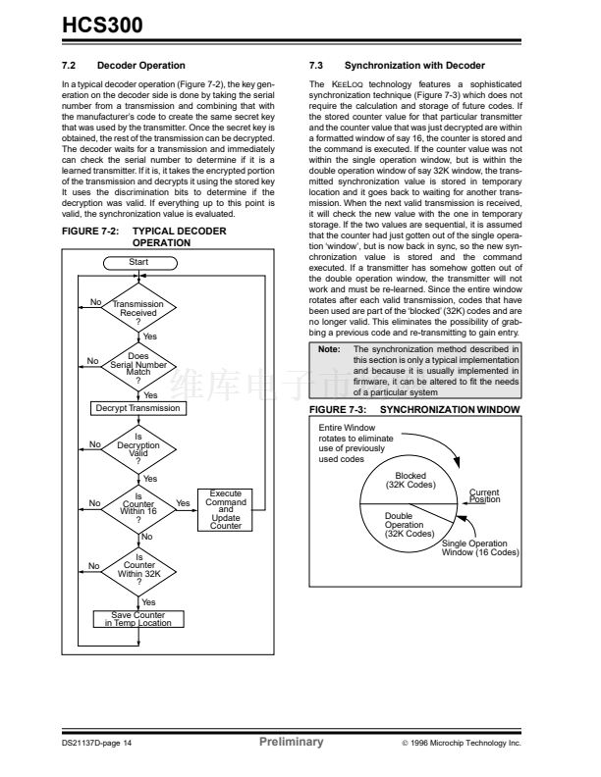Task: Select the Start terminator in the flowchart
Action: (x=137, y=262)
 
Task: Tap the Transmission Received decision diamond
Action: (x=137, y=310)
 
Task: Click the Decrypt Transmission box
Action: (x=137, y=408)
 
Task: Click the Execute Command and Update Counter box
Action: (x=225, y=510)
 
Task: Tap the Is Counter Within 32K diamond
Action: (x=137, y=566)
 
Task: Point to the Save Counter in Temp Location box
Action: (x=137, y=619)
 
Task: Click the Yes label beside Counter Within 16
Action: (x=183, y=503)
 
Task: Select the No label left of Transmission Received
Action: (x=95, y=301)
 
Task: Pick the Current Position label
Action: (x=484, y=496)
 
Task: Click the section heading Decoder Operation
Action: (x=137, y=65)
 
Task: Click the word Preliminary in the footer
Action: (x=291, y=742)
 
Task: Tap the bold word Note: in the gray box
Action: (x=329, y=348)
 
